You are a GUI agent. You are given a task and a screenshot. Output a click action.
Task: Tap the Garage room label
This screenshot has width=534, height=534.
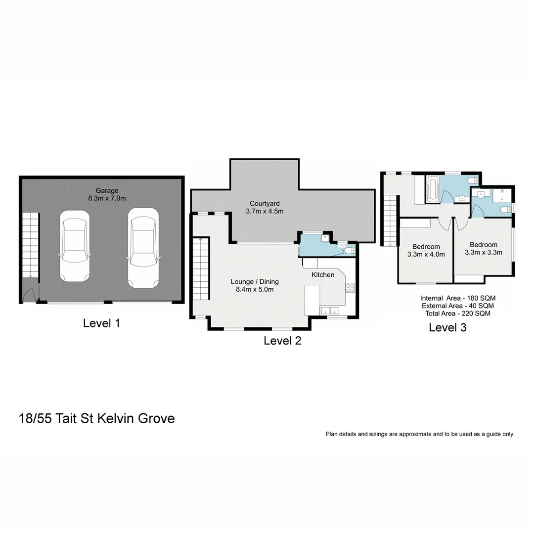[x=107, y=190]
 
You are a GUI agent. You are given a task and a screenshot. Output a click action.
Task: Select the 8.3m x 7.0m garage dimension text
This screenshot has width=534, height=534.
[x=107, y=198]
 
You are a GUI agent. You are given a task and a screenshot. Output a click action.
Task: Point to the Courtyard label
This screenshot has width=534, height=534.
[x=265, y=203]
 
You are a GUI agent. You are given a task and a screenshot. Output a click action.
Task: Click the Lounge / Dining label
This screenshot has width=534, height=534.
[x=255, y=282]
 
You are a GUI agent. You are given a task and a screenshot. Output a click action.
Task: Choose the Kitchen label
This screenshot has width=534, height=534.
[x=323, y=274]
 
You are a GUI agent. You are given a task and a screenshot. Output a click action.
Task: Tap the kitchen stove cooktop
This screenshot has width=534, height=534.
[x=350, y=288]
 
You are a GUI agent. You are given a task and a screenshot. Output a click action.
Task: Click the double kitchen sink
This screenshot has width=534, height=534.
[x=329, y=311]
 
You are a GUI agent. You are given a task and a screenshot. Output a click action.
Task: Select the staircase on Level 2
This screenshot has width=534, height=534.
[x=201, y=269]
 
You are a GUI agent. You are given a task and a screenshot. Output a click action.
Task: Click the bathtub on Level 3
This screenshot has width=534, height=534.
[x=433, y=189]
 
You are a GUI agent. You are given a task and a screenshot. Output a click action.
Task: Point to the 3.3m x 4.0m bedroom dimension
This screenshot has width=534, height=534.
[x=426, y=255]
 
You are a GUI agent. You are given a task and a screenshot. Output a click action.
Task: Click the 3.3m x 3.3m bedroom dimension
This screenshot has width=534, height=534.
[x=483, y=252]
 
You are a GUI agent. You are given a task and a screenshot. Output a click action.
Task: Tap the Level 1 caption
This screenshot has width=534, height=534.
[x=101, y=323]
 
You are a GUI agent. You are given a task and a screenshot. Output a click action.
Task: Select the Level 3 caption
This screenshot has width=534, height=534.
[x=447, y=327]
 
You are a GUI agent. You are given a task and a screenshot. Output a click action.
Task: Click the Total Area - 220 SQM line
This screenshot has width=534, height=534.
[x=457, y=313]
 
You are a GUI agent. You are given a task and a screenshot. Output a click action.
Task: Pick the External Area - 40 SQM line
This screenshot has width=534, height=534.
[x=457, y=306]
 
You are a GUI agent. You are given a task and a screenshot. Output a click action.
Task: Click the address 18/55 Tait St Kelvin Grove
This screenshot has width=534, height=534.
[x=96, y=418]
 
